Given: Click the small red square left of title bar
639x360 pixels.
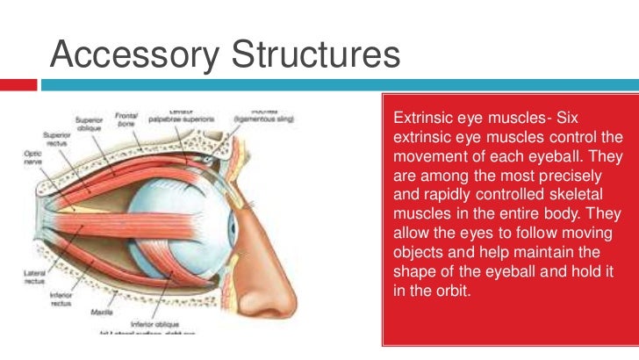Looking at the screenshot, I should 19,85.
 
